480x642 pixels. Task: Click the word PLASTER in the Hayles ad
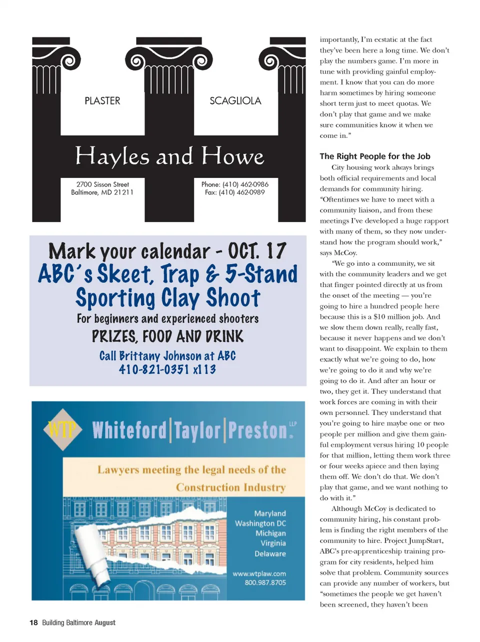102,101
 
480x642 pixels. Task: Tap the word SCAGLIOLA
235,101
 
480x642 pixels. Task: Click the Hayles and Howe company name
169,156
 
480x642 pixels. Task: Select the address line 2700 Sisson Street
102,184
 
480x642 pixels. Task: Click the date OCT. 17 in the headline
257,251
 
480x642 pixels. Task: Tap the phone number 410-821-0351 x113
167,369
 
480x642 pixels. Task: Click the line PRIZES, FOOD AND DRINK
167,336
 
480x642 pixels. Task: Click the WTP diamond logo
62,428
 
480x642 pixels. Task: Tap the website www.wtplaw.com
259,573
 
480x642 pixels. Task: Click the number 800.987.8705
265,582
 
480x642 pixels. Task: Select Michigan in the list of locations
270,533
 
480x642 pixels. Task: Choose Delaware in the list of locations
270,553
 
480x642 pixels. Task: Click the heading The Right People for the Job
375,156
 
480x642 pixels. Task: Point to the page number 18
33,622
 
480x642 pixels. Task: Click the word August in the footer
105,622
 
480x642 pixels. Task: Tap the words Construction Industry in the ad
230,487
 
